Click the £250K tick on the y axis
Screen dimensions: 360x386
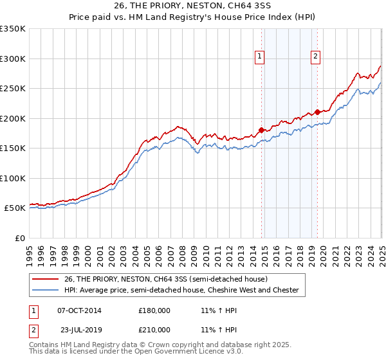pos(14,89)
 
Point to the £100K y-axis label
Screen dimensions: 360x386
pos(14,178)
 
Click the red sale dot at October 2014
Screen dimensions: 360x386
pos(261,130)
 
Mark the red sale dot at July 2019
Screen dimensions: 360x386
pos(318,113)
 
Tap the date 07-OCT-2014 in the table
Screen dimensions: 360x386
pos(79,310)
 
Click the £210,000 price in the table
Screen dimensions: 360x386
pos(154,329)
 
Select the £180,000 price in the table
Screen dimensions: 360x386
pos(154,310)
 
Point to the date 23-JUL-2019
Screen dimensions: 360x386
pos(79,329)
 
